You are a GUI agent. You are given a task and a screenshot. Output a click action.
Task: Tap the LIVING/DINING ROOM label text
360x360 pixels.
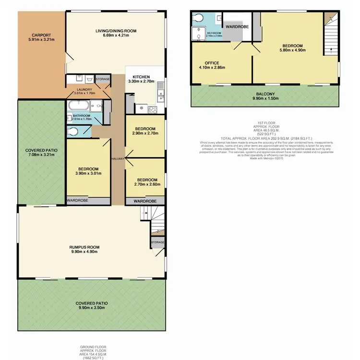[116, 31]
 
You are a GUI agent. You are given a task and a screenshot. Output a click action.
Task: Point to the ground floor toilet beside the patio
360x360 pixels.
[72, 131]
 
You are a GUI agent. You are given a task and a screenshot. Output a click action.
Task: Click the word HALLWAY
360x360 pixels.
[118, 159]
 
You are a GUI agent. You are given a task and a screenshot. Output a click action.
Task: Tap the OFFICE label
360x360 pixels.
[212, 63]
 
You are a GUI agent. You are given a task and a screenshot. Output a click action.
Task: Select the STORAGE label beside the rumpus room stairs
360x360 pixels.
[157, 242]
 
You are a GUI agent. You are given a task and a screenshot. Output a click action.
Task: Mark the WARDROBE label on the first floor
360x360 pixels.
[237, 27]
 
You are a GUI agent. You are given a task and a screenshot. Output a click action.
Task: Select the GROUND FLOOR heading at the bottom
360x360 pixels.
[93, 347]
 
